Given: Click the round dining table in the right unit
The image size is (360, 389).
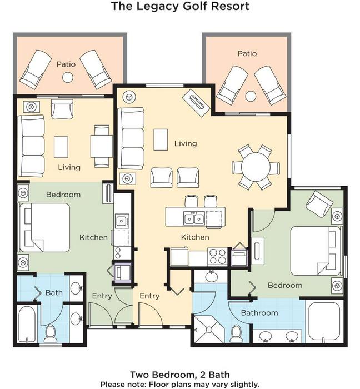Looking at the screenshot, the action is point(256,167).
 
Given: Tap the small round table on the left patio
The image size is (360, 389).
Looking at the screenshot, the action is point(67,77).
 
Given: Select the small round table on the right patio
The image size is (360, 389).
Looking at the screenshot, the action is point(251,96).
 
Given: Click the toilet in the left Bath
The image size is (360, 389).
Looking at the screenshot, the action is point(51,333).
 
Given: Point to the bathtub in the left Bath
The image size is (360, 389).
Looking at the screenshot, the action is point(27,323).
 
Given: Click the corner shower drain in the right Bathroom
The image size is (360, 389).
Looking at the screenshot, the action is point(209,330).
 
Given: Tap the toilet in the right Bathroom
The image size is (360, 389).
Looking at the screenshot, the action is point(236,333).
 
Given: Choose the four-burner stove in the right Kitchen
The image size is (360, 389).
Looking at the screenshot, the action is point(217,257).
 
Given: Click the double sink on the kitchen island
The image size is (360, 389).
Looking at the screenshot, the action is point(194,218).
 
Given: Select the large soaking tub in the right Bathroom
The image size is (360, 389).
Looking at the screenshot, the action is point(324,322).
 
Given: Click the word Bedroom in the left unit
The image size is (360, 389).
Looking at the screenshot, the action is point(63,194).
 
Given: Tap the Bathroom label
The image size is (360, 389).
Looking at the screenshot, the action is point(259,312).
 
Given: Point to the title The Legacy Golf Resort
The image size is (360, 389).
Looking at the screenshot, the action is point(180,6).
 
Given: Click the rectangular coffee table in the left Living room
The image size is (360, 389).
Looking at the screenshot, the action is point(61,147).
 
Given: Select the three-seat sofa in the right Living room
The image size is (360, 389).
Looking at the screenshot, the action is point(131,138).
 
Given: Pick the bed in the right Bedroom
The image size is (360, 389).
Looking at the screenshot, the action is point(316,251).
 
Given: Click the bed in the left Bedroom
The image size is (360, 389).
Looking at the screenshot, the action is point(44,228).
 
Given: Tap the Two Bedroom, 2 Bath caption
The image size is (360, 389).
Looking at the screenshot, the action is point(180,375).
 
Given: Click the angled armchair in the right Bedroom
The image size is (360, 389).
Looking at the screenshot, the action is point(319,204).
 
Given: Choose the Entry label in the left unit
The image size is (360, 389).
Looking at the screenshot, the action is point(102,296).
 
